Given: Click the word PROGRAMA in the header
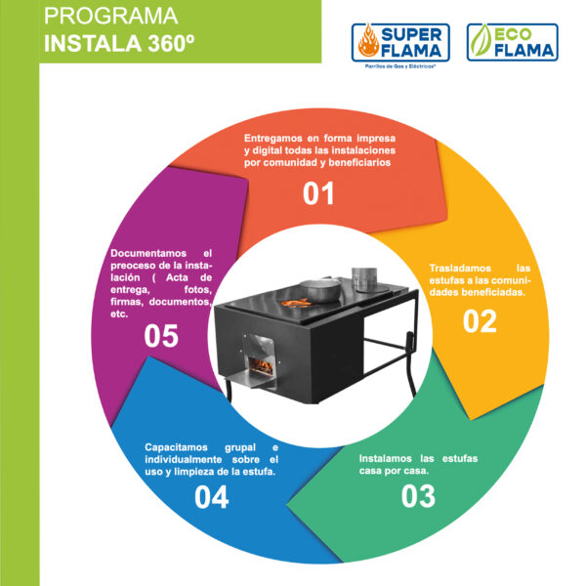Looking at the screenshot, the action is coord(110,16).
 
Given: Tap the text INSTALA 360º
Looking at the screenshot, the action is coord(119,43).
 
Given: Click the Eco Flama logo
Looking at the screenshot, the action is coord(513,42).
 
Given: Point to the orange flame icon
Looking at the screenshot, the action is coord(368,41).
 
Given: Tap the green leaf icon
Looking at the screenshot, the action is coord(481,41).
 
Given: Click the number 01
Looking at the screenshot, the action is coord(318,193).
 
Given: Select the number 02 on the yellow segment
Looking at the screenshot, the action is coord(480,321).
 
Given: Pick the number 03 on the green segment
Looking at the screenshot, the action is coord(418,496).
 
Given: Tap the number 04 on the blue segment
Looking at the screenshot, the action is coord(212,497).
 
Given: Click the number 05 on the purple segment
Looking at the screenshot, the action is coord(161,336).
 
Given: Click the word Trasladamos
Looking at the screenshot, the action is coord(460,268).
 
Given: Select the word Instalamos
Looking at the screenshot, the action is coord(386,459).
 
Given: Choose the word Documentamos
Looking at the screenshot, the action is coord(148,253).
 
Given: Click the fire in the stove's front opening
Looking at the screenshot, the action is coord(261,366).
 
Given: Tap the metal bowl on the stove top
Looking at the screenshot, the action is coord(320,290).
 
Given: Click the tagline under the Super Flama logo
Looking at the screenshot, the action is coord(400,66).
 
